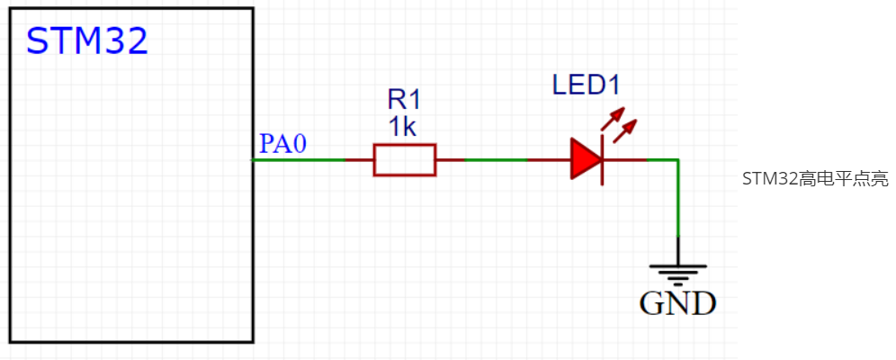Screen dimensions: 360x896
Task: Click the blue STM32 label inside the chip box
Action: tap(87, 41)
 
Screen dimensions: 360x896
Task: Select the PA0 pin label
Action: tap(282, 144)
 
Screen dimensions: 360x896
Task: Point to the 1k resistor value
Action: tap(402, 127)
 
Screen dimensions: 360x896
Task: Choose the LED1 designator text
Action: tap(586, 86)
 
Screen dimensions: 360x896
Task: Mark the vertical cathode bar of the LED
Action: tap(601, 159)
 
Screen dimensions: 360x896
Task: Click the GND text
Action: tap(677, 303)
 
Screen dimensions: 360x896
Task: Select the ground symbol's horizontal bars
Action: tap(677, 273)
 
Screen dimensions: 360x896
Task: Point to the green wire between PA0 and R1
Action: tap(298, 159)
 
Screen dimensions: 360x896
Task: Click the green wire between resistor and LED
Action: tap(495, 159)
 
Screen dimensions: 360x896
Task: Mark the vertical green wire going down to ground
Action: tap(677, 198)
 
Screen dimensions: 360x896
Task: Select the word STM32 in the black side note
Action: tap(770, 179)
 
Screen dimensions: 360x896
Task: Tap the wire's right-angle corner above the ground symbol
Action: tap(677, 159)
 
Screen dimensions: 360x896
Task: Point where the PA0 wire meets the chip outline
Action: tap(253, 159)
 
